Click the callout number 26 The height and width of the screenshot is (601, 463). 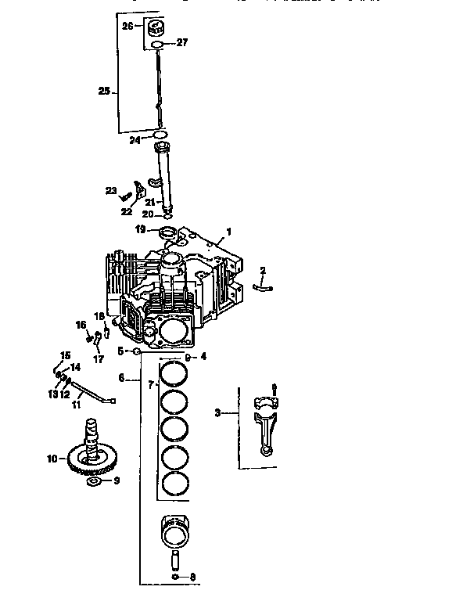tap(127, 26)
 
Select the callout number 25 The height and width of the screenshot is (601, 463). tap(104, 91)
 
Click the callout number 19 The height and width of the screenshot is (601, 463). tap(139, 229)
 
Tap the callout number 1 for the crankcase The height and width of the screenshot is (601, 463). tap(228, 232)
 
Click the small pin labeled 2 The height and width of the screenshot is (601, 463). tap(263, 287)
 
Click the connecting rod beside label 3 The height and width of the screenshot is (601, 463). tap(265, 426)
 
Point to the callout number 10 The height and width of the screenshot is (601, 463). tap(52, 459)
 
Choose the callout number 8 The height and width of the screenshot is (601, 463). tap(193, 578)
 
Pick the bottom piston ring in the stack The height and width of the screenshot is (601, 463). tap(174, 483)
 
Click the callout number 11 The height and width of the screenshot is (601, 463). tap(77, 405)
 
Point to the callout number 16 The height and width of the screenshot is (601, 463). tap(80, 325)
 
